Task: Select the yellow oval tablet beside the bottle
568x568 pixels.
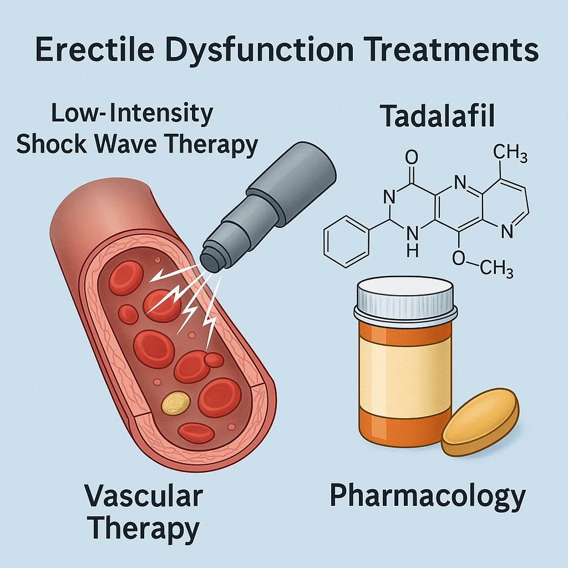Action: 480,422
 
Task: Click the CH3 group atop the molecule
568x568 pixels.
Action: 509,154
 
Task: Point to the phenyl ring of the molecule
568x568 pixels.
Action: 344,241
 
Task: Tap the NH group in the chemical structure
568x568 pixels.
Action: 411,242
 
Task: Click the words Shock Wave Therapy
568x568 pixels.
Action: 137,144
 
